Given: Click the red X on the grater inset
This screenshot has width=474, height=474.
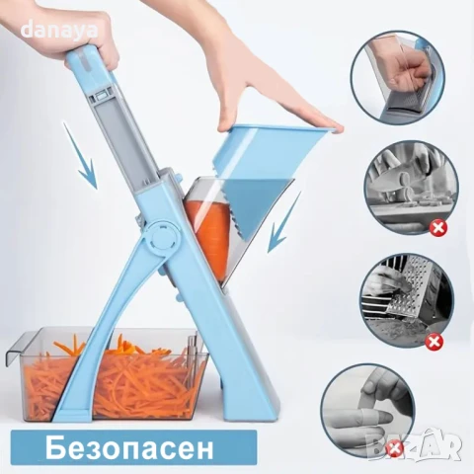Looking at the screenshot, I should coord(433,342).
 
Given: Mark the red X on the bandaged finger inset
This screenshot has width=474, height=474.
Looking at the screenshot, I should coord(396,449).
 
